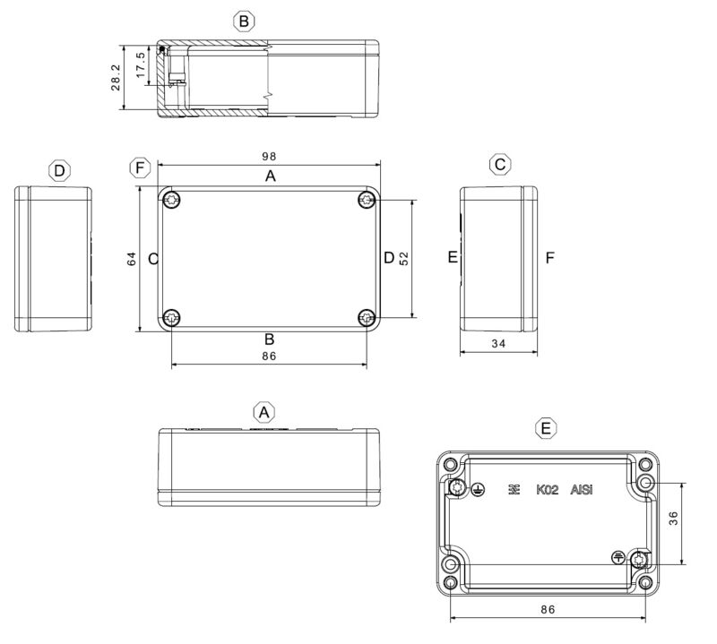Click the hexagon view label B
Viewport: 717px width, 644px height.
(244, 21)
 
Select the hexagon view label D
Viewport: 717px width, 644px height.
(59, 170)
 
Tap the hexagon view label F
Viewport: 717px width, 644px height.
(139, 168)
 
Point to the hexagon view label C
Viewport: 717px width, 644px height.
(500, 164)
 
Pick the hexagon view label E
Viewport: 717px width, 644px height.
(547, 429)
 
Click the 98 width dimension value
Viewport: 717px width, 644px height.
(270, 156)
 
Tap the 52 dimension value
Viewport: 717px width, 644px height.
(404, 258)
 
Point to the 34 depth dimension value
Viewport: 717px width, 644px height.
(499, 343)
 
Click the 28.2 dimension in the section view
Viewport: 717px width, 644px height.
(114, 78)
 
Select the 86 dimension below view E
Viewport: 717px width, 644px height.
(549, 609)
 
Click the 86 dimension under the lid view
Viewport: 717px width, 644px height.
(268, 356)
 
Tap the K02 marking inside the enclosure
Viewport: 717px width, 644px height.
(548, 490)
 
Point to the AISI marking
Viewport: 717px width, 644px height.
(583, 490)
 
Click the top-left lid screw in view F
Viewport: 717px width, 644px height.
(171, 200)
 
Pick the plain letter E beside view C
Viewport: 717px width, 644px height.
(453, 258)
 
